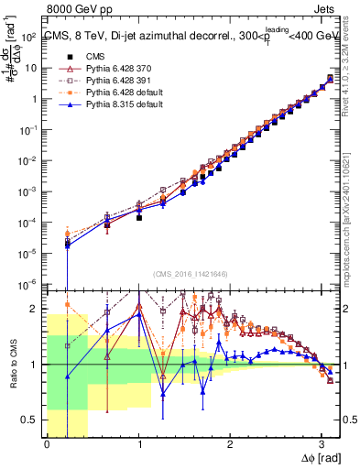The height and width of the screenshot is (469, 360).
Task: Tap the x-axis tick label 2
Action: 230,444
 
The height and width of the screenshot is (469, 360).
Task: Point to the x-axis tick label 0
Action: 47,444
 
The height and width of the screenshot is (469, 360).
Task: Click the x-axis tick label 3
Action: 322,444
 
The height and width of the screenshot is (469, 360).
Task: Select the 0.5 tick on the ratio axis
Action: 31,420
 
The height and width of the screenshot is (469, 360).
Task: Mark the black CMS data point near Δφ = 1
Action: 139,218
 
